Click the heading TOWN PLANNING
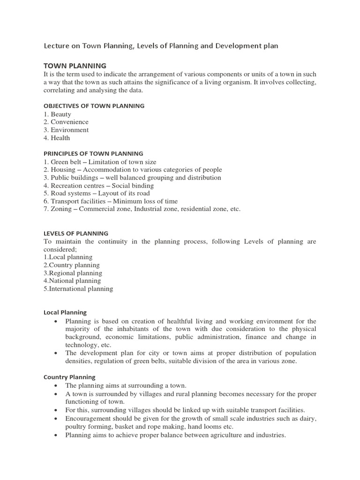click(75, 66)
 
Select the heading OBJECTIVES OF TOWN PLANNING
click(94, 106)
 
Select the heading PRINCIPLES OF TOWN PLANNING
click(93, 154)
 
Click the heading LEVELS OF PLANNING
click(76, 233)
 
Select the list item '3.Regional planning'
click(73, 273)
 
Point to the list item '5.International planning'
click(78, 289)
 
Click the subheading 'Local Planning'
click(65, 313)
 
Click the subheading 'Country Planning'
click(69, 377)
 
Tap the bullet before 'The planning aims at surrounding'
click(56, 386)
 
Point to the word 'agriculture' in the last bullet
click(210, 435)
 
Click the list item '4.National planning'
click(72, 281)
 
